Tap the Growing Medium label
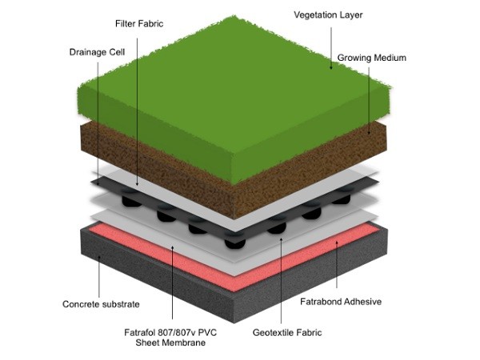click(372, 58)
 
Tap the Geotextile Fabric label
click(282, 330)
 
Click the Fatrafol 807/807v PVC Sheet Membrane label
click(177, 337)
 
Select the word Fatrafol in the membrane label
click(154, 330)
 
